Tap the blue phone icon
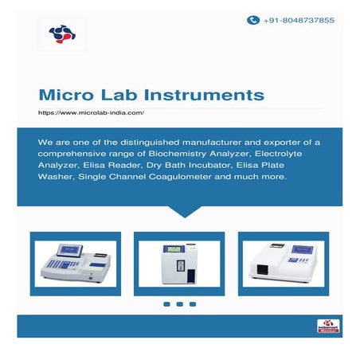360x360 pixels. [253, 20]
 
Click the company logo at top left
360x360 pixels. [61, 33]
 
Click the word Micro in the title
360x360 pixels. [67, 96]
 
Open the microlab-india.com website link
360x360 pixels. [92, 113]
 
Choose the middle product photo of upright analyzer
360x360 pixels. [180, 260]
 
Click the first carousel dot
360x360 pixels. [166, 303]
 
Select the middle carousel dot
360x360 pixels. [180, 303]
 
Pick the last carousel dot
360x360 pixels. [194, 303]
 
